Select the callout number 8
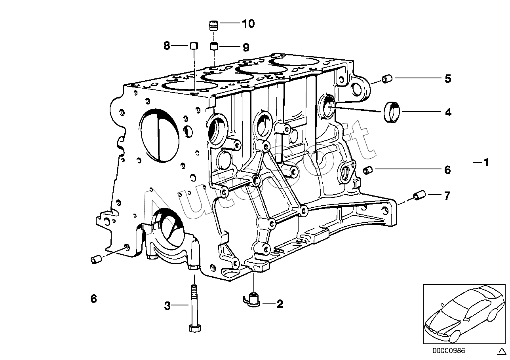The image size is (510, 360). [167, 46]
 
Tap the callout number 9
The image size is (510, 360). [246, 47]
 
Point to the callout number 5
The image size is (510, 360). [447, 79]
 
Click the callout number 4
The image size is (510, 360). [448, 112]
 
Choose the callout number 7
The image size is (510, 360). [447, 195]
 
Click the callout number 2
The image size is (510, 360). [280, 304]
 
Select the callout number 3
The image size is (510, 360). [167, 305]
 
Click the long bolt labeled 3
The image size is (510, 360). [194, 309]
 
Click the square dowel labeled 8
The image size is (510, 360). [194, 45]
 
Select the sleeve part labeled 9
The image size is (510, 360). [214, 47]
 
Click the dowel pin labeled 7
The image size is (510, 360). [419, 195]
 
